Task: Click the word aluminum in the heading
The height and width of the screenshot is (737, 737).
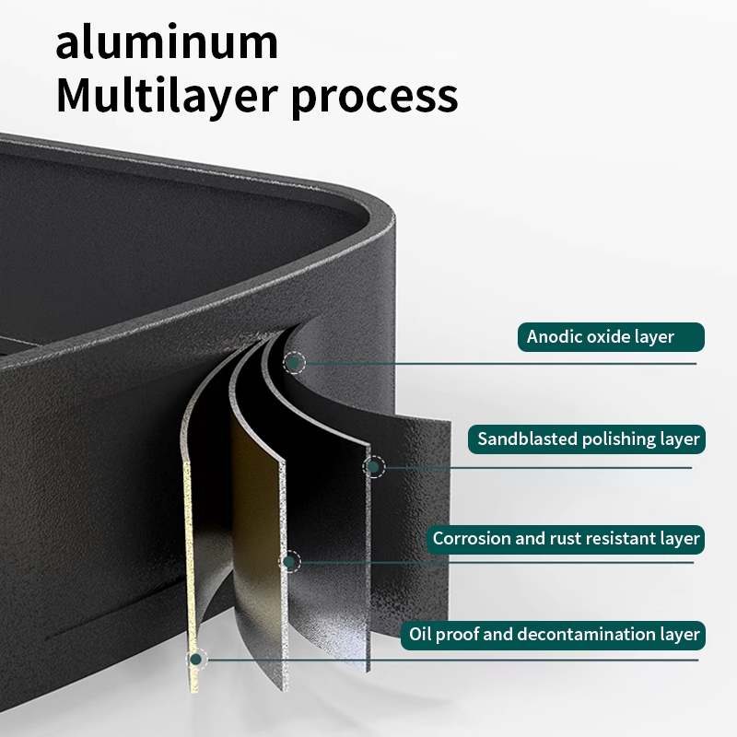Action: click(167, 43)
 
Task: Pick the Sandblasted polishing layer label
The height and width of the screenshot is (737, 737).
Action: click(589, 439)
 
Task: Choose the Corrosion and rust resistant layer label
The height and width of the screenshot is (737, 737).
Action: click(567, 539)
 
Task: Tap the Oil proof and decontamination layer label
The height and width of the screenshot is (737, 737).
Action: click(553, 635)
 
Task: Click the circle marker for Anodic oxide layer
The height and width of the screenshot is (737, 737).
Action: click(294, 363)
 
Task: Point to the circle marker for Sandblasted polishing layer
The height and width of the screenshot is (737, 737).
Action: click(374, 467)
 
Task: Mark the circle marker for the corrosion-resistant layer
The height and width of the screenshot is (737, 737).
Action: click(290, 561)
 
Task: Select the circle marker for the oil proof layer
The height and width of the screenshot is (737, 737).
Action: click(195, 659)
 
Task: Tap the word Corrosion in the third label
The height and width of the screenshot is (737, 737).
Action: click(471, 539)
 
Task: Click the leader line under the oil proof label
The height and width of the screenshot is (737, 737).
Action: click(461, 659)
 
